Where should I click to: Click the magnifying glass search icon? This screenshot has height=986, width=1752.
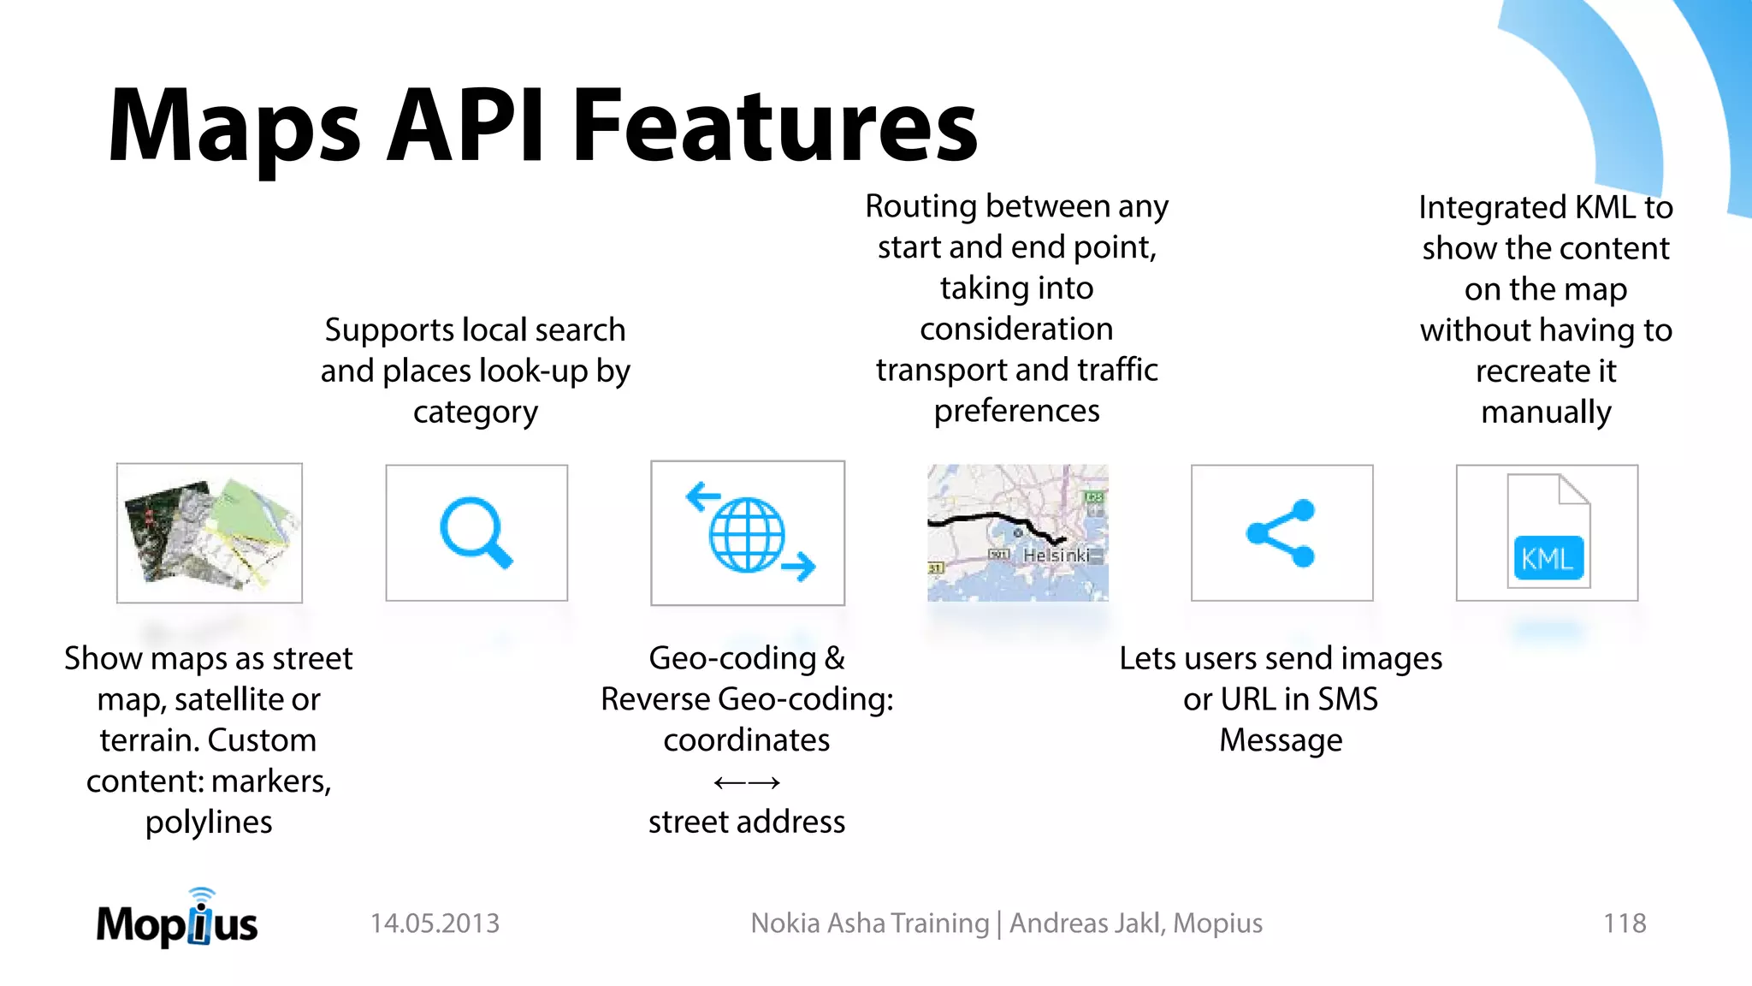476,532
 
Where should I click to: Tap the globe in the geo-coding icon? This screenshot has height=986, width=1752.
746,535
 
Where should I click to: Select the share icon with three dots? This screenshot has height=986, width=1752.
1281,533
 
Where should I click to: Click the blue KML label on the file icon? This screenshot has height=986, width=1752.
1548,559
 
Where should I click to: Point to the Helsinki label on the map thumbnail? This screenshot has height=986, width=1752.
1056,555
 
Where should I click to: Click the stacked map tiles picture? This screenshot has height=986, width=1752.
210,533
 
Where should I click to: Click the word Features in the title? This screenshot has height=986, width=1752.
774,126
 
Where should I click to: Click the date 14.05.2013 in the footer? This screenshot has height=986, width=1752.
435,924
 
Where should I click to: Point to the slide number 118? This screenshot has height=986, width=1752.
1624,924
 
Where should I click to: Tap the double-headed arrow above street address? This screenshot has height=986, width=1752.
746,782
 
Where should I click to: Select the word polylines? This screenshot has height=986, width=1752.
209,823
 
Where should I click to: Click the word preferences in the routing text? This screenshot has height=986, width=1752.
1016,412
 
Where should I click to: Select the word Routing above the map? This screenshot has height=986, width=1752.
920,206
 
